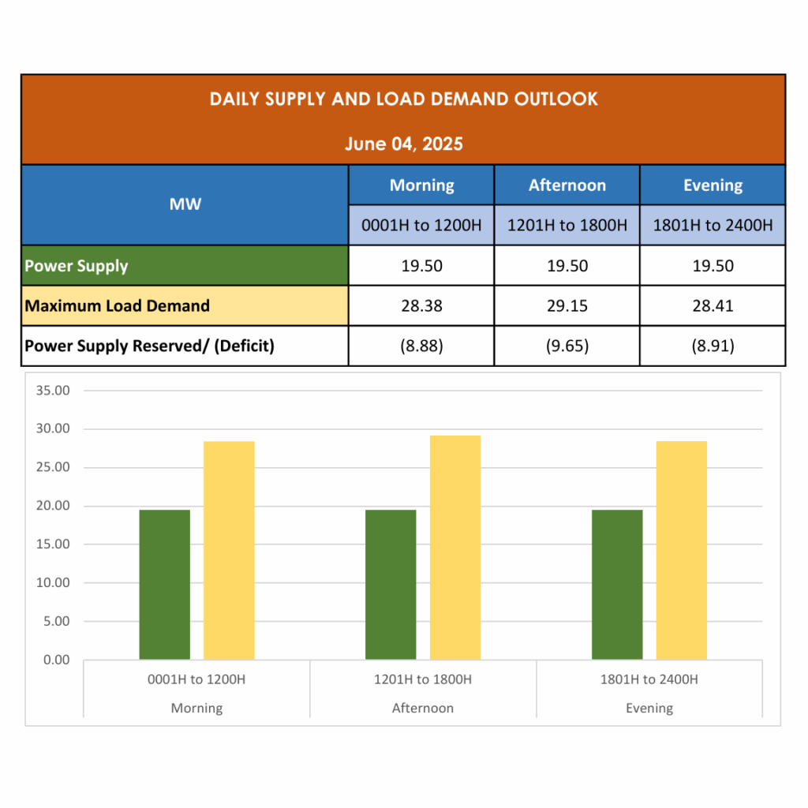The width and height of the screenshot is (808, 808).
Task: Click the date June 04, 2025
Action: point(403,144)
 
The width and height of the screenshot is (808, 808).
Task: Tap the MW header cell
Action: point(185,204)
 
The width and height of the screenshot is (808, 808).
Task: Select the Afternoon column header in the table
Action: point(567,185)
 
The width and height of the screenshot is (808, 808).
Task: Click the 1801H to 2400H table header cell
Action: point(713,226)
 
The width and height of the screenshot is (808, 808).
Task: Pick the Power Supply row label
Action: point(77,266)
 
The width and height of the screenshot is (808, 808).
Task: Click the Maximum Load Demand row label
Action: point(117,306)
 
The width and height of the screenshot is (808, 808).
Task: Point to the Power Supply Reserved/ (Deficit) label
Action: point(149,346)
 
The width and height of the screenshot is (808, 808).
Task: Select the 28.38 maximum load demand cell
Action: point(421,306)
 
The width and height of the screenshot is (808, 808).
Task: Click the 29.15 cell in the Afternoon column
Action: point(567,306)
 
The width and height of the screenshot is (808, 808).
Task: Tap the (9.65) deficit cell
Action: point(567,346)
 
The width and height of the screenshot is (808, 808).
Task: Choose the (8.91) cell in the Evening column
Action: point(713,346)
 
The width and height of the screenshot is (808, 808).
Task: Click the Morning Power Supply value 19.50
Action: point(421,266)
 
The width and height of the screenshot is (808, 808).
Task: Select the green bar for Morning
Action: point(165,584)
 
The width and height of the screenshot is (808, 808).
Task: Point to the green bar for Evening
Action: point(617,584)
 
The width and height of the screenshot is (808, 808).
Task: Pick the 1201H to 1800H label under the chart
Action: point(423,679)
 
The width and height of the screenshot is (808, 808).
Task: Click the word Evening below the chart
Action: point(649,709)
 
